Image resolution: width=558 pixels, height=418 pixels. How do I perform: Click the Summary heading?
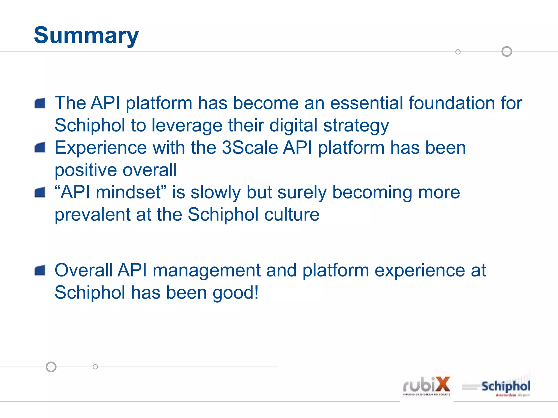tap(86, 35)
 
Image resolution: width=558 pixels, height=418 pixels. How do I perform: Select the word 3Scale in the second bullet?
tap(250, 148)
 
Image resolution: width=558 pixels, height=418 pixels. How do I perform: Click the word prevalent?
tap(92, 215)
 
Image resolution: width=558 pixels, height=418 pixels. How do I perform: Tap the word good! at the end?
tap(235, 293)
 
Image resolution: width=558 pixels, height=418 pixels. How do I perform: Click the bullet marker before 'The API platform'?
tap(40, 103)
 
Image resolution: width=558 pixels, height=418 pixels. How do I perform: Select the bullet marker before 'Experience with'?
tap(40, 148)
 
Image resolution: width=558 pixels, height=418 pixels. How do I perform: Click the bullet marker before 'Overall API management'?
tap(40, 271)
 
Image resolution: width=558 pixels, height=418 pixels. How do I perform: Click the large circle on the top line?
tap(507, 51)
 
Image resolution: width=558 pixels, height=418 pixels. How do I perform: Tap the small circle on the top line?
tap(458, 52)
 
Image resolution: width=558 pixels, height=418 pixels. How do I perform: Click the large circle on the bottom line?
tap(51, 367)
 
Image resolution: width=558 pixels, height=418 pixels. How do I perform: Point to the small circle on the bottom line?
tap(95, 367)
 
